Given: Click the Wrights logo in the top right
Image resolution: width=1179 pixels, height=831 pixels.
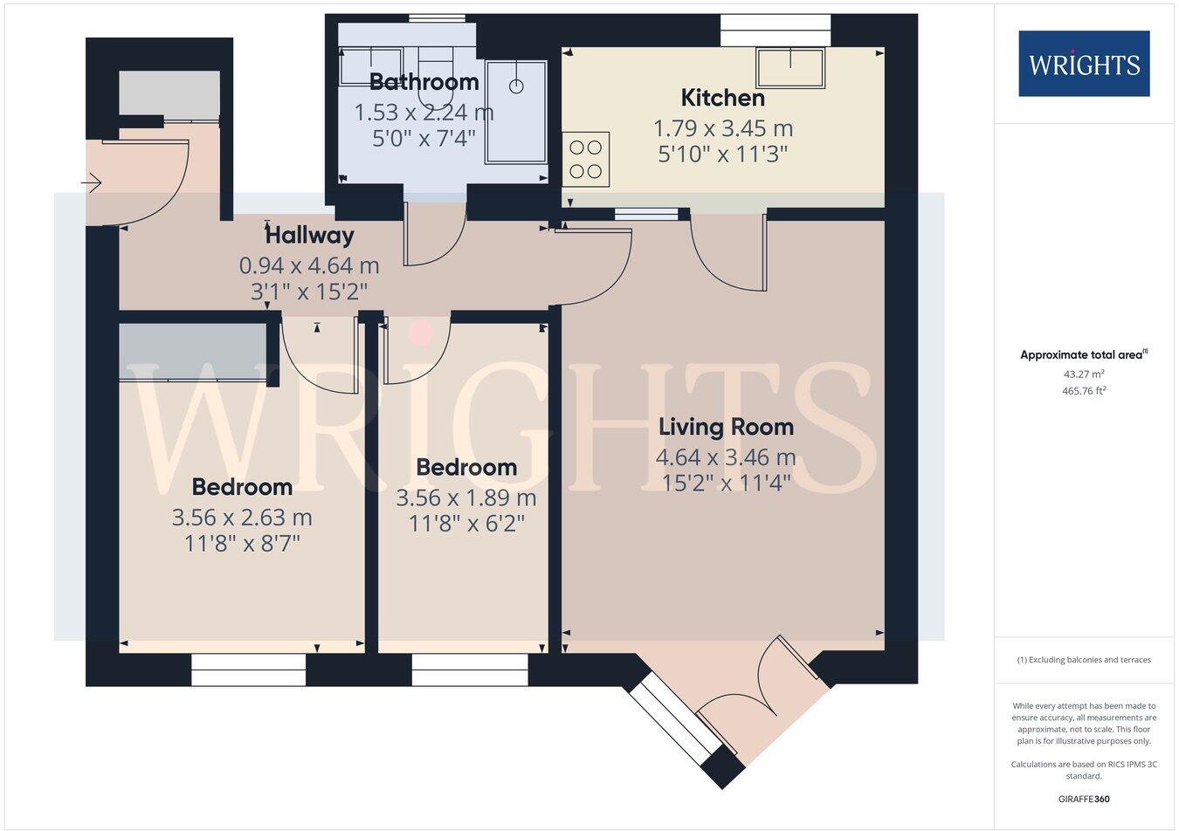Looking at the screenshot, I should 1084,64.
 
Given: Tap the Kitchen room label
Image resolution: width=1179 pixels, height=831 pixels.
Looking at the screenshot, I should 722,98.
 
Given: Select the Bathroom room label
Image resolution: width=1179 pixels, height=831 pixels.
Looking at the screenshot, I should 424,82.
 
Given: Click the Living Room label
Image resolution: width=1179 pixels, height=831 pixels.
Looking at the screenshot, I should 726,427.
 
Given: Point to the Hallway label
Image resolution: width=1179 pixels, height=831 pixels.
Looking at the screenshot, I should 309,235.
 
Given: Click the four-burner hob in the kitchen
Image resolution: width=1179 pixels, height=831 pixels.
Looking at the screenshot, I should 585,159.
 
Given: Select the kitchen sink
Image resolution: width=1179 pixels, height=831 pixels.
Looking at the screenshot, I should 790,67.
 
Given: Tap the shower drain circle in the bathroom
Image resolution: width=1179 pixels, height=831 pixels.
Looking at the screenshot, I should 516,86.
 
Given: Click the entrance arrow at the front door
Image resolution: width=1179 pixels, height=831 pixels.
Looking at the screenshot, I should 92,183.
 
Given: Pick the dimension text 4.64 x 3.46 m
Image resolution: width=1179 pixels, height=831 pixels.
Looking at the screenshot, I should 726,457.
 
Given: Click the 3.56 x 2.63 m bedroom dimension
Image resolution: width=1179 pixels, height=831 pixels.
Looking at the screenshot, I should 242,517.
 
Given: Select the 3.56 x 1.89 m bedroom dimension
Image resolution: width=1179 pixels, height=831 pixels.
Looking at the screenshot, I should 466,498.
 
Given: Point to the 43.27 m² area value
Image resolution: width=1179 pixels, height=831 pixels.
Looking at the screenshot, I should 1084,374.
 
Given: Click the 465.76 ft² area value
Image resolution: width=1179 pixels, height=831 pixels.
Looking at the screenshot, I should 1084,391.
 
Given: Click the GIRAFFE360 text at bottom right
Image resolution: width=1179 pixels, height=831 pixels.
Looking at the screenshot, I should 1084,799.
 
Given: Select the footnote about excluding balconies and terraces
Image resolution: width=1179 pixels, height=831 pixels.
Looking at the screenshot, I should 1084,660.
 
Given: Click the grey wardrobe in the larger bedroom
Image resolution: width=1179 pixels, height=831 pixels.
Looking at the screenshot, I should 192,352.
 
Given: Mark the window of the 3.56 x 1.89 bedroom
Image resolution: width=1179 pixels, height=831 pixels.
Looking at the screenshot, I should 470,669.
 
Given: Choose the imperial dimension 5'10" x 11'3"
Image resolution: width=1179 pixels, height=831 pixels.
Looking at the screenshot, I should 722,155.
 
